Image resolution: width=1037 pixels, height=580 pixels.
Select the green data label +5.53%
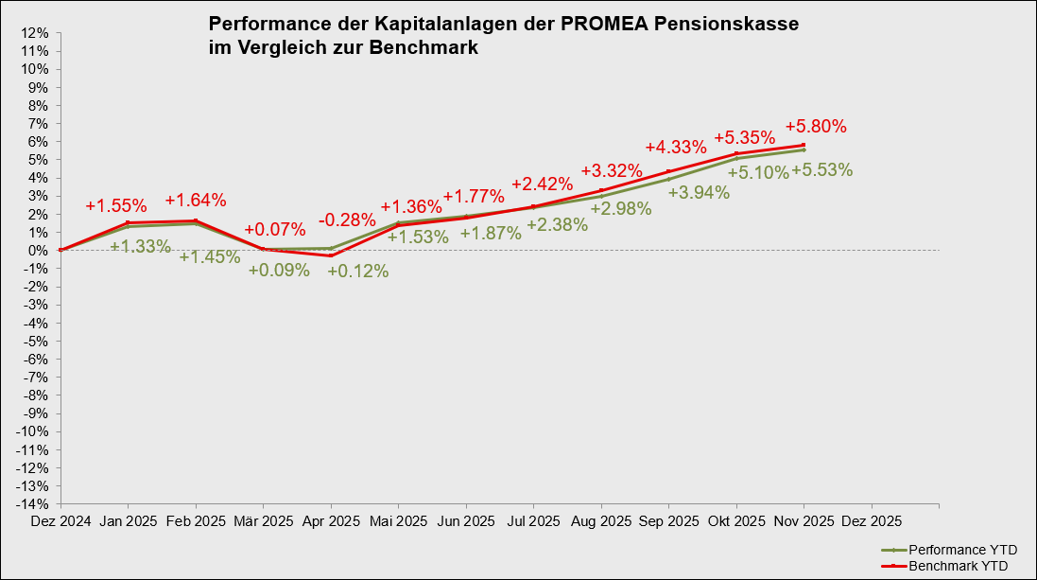tap(821, 170)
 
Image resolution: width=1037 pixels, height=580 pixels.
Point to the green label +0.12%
tap(358, 272)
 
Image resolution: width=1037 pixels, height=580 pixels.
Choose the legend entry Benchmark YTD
tap(957, 566)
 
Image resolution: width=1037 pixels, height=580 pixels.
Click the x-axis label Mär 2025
tap(263, 521)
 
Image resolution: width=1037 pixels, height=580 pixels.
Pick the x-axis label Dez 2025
tap(872, 521)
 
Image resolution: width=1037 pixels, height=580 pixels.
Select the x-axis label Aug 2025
tap(601, 521)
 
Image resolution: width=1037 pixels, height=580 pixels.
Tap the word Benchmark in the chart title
tap(431, 47)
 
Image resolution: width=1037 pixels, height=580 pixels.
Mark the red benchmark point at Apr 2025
tap(331, 255)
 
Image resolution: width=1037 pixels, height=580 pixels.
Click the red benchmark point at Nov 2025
tap(804, 145)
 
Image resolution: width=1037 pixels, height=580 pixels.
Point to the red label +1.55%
tap(116, 205)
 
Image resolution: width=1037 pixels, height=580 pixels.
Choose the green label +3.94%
tap(699, 193)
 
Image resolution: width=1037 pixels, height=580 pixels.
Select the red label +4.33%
tap(676, 147)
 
